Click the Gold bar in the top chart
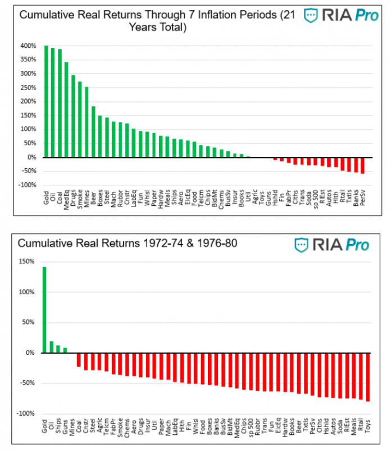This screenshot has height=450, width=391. [46, 101]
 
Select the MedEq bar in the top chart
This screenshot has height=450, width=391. [66, 110]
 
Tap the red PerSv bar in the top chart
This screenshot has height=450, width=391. [362, 165]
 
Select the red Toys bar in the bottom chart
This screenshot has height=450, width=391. [369, 377]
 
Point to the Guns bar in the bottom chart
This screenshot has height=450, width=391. [65, 350]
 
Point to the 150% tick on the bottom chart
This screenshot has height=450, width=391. [28, 262]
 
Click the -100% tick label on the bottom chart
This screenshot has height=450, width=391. [27, 413]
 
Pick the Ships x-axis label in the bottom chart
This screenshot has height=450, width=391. [58, 426]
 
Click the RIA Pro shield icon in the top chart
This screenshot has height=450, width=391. [311, 16]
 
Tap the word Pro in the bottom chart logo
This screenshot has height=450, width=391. [357, 245]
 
